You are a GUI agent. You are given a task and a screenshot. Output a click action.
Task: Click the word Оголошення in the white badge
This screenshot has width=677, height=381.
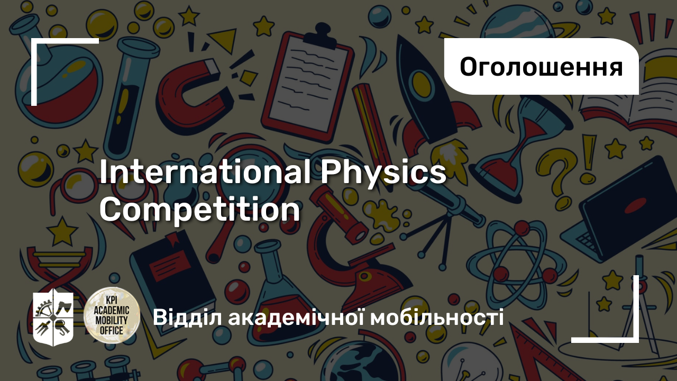tap(541, 67)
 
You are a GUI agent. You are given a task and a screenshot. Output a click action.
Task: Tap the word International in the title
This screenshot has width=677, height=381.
tap(205, 172)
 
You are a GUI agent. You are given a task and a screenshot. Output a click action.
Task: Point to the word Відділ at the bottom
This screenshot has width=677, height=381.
tap(187, 317)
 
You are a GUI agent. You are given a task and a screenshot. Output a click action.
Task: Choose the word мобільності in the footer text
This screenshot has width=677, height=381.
tap(437, 317)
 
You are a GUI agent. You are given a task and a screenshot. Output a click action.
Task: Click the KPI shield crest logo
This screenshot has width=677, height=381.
tap(53, 317)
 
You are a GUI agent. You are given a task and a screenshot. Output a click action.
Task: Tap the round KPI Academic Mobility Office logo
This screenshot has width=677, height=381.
tap(112, 315)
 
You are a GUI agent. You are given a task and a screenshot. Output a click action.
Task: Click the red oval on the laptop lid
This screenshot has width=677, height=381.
tap(635, 206)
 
